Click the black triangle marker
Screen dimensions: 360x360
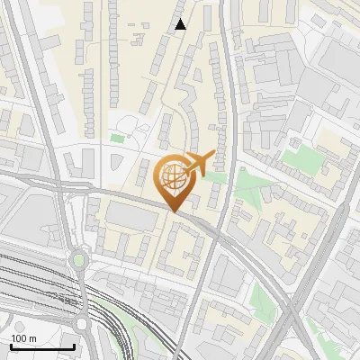click(x=181, y=24)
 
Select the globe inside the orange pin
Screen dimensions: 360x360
click(x=173, y=176)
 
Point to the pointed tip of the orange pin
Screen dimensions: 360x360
click(x=173, y=211)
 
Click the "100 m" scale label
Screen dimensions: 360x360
click(x=24, y=337)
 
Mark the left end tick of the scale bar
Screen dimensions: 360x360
click(x=10, y=346)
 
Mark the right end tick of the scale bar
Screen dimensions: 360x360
click(x=75, y=346)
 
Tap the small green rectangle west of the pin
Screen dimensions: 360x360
click(x=117, y=139)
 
